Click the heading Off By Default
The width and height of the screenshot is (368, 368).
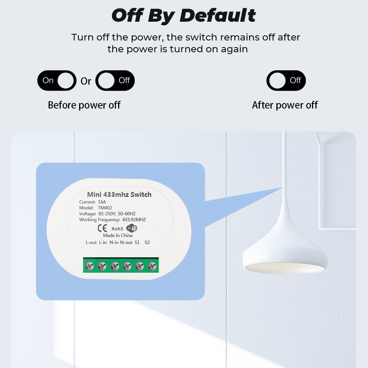click(184, 15)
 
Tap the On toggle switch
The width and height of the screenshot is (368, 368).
click(57, 81)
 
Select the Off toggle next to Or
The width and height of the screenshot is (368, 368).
click(115, 81)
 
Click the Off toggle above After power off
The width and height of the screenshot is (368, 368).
click(286, 81)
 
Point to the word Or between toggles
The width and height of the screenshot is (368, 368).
click(86, 81)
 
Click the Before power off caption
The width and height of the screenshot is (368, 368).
click(84, 105)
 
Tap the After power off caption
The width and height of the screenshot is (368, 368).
click(285, 105)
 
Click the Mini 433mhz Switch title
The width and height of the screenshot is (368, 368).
click(119, 195)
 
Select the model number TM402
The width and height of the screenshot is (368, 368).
click(105, 208)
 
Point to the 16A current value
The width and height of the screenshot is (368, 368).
click(102, 202)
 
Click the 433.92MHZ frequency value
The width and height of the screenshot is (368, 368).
click(134, 219)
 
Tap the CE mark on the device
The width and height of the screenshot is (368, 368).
click(102, 228)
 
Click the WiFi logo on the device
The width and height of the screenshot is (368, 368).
click(132, 228)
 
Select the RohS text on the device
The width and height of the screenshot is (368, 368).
click(117, 229)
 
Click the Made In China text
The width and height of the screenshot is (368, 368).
click(118, 236)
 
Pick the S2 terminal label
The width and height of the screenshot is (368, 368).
click(147, 243)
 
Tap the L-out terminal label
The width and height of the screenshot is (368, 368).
click(91, 243)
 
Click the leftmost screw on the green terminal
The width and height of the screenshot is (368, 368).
click(89, 266)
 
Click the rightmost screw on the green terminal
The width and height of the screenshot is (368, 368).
click(152, 266)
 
